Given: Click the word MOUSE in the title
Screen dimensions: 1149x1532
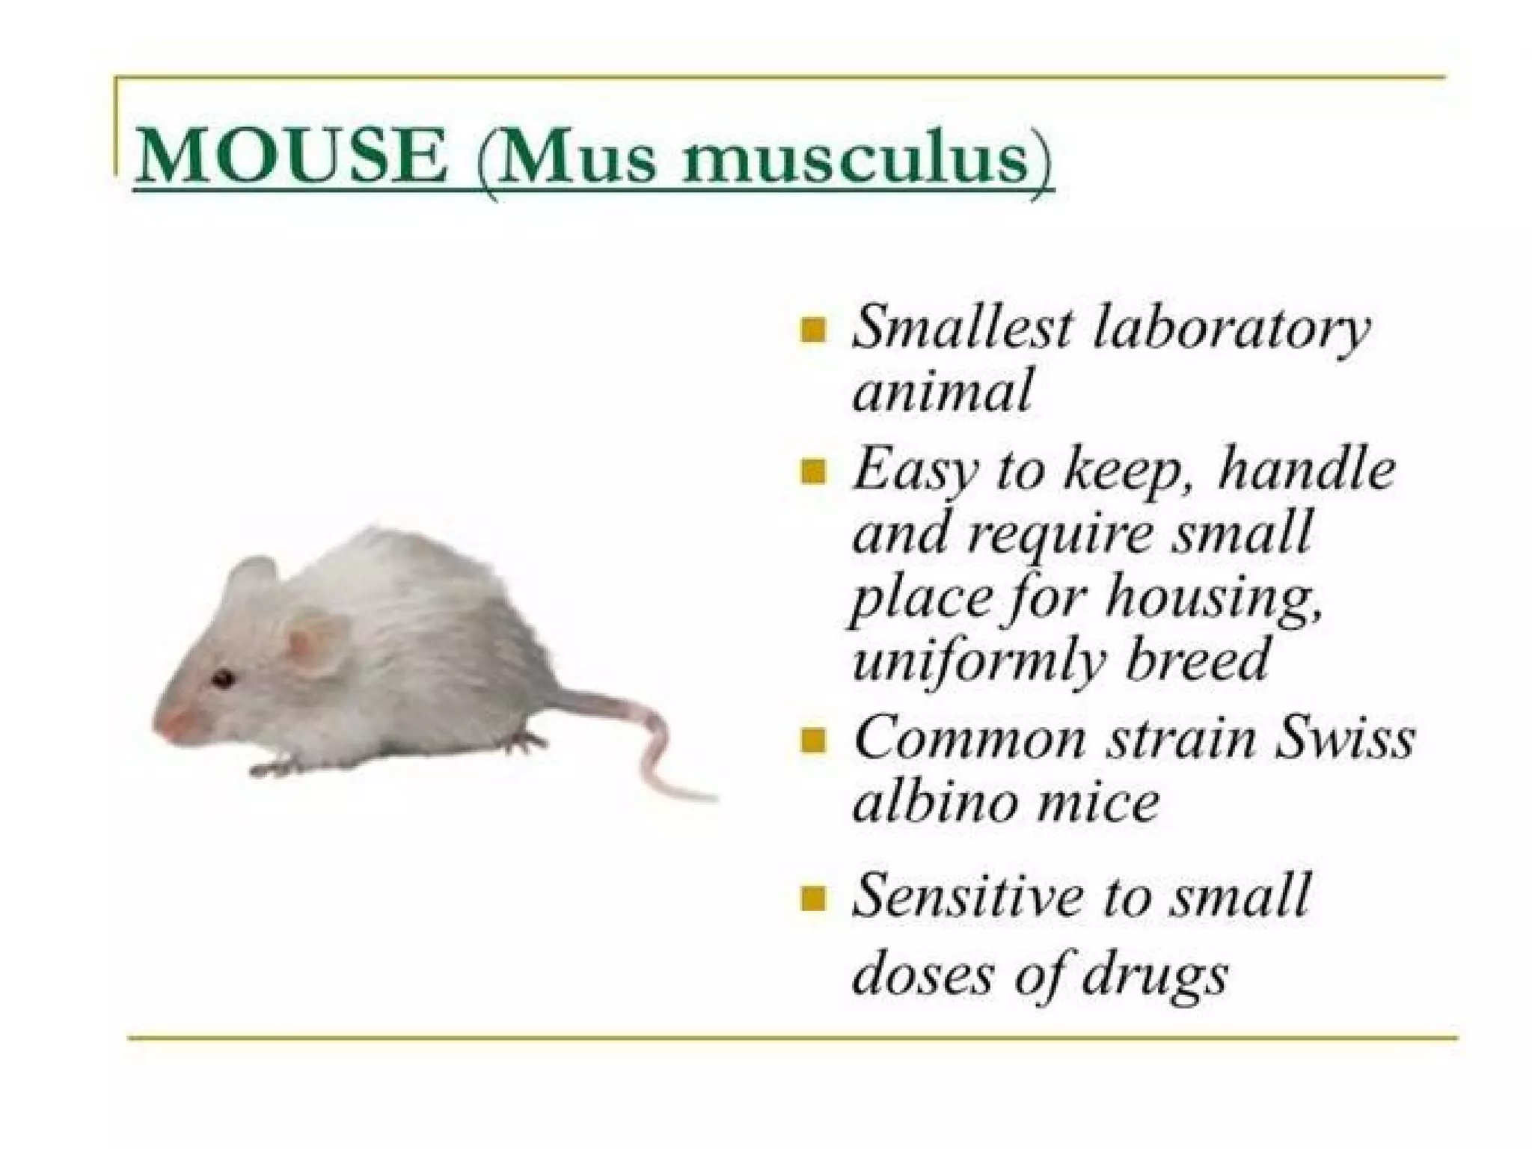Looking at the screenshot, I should coord(291,159).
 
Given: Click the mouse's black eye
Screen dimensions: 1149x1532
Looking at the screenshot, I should coord(222,679).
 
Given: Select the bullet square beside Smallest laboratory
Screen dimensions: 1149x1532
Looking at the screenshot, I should coord(812,330).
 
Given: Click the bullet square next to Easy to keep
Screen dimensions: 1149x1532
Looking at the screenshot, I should coord(812,472).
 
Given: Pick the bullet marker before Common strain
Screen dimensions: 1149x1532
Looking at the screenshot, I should coord(812,741).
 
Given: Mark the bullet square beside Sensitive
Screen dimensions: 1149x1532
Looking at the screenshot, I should coord(812,898).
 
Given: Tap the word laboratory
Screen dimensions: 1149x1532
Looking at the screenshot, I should coord(1231,331).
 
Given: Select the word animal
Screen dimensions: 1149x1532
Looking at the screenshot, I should coord(942,390).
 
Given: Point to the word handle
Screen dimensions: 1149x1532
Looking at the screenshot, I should coord(1305,470).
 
